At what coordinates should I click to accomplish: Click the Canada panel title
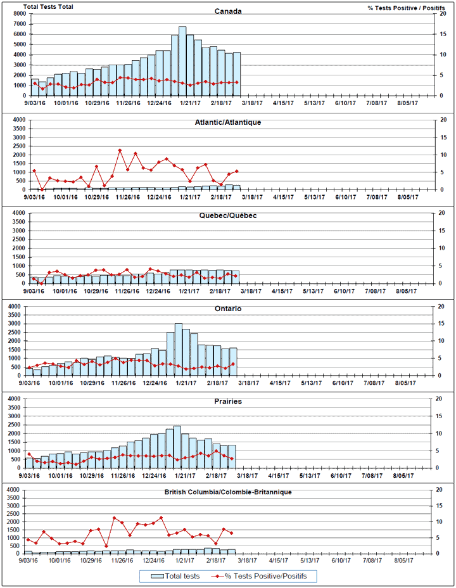(228, 11)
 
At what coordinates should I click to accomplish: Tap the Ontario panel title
(228, 309)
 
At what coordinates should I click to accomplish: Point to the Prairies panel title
(229, 402)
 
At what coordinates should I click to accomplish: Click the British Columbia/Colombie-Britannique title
(228, 492)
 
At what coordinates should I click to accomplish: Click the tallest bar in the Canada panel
(182, 61)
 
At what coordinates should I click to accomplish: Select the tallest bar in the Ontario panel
(178, 349)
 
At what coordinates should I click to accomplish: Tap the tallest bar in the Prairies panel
(177, 447)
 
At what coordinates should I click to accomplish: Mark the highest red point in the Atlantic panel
(120, 150)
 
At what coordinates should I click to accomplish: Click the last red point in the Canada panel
(237, 82)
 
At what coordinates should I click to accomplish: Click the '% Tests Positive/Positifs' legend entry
(266, 576)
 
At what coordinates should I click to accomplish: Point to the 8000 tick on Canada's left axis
(19, 14)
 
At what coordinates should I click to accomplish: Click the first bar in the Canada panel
(35, 87)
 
